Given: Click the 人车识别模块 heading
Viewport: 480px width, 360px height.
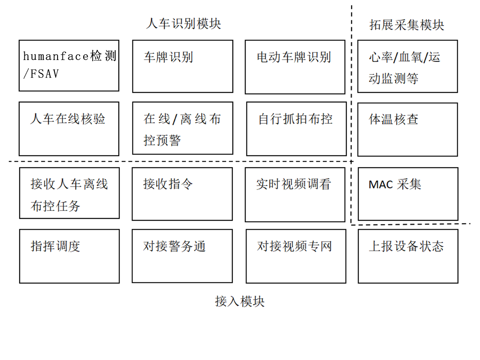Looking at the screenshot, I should [x=183, y=24].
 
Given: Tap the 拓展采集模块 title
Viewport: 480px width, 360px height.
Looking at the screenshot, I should [x=406, y=25].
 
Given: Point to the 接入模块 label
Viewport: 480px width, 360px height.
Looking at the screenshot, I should [x=240, y=301].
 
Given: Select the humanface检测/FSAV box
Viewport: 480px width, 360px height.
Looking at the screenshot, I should [x=69, y=66].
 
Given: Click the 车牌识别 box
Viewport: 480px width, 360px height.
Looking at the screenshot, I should [x=182, y=66].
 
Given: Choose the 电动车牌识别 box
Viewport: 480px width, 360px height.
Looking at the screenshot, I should [x=295, y=67].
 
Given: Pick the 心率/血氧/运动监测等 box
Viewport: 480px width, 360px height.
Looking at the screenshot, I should [x=407, y=66].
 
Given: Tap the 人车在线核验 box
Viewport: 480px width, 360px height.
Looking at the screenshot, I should [x=69, y=128].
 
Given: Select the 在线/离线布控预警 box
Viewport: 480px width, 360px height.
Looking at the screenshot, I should [x=182, y=128].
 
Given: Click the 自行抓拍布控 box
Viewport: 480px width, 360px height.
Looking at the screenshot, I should [x=296, y=128].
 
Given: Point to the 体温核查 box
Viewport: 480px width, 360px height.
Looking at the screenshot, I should [x=407, y=129].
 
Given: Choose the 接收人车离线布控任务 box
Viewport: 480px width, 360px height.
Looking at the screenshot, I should [x=69, y=193].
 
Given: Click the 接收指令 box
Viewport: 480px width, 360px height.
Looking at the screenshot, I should [x=182, y=194].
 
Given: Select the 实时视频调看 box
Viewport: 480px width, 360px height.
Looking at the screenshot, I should [x=295, y=194].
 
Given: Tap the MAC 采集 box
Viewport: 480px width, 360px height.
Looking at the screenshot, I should [x=408, y=194].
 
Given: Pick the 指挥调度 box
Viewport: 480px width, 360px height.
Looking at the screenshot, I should [x=69, y=256].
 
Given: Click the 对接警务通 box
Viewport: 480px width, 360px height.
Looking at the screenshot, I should [x=182, y=256].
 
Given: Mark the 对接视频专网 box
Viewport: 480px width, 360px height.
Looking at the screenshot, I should [x=296, y=256].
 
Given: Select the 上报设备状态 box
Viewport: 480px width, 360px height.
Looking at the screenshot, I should [x=408, y=256].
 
